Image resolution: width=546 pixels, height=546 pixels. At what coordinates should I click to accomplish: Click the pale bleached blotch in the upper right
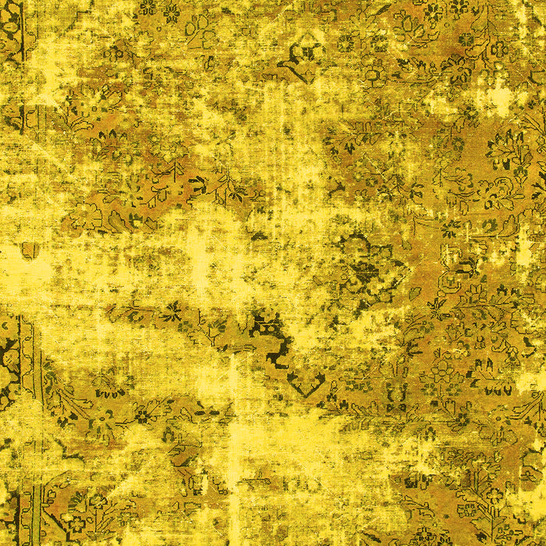[x=499, y=97]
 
